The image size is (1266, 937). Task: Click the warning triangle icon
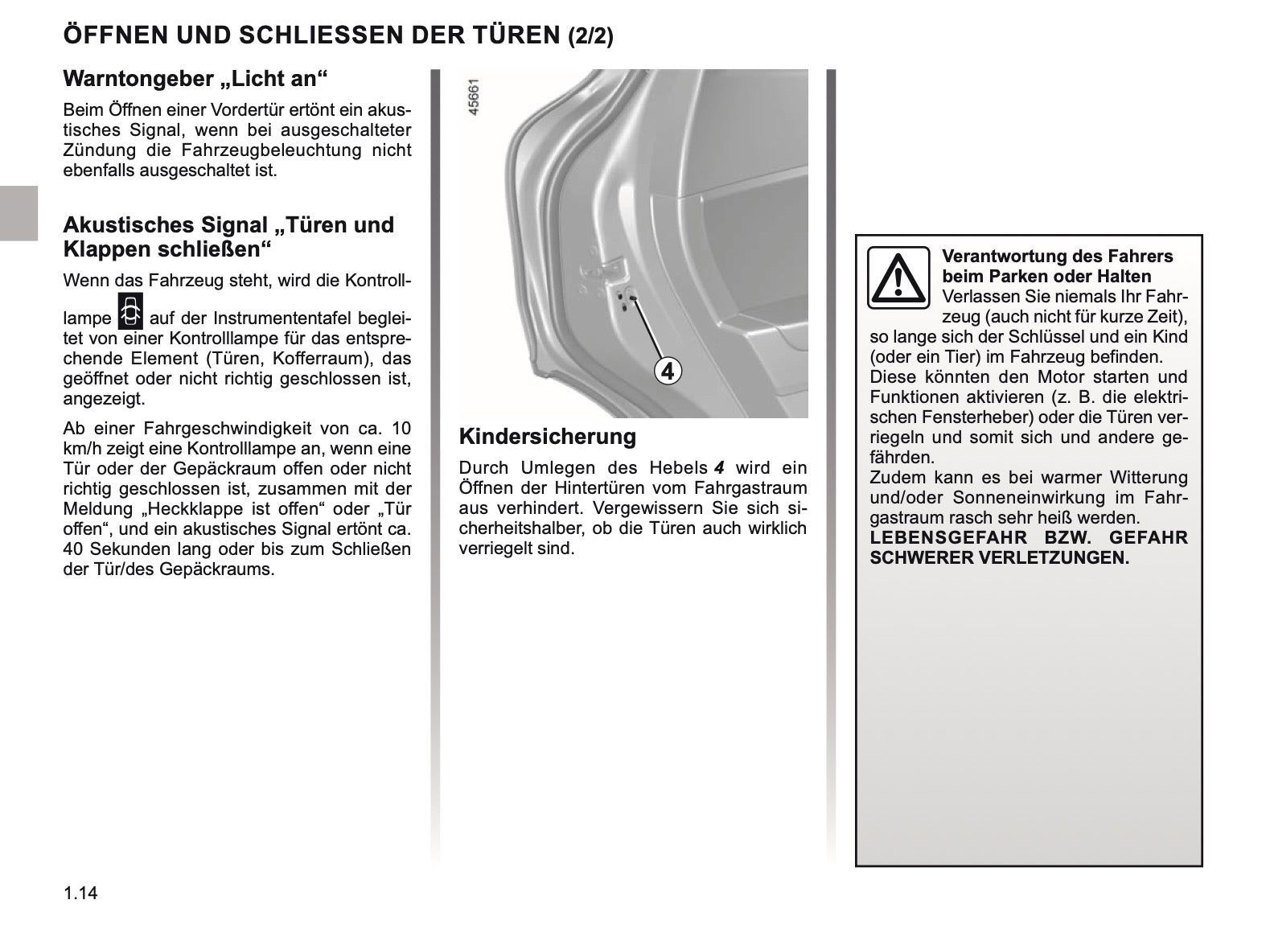[898, 277]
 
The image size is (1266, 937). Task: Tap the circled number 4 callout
[668, 371]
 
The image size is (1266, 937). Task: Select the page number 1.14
[80, 893]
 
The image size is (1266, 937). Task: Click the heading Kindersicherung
[547, 437]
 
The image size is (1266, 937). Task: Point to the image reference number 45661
[474, 97]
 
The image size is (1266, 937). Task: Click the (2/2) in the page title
[590, 37]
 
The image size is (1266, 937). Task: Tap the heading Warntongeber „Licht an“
[196, 79]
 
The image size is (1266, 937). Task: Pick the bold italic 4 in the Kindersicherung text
[719, 468]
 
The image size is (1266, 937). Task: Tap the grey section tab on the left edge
[18, 212]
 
